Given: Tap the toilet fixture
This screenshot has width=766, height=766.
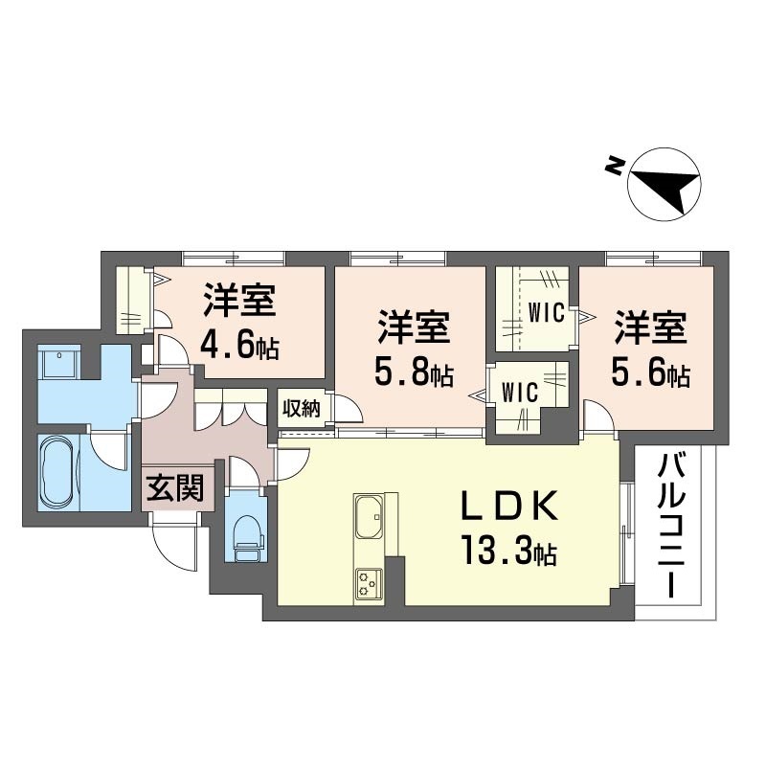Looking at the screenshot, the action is point(246,539).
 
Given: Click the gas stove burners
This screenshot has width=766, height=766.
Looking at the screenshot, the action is point(370,584).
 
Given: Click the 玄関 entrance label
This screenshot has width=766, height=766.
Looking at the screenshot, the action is point(176,488).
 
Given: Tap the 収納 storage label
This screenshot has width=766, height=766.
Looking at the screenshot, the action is point(303,409).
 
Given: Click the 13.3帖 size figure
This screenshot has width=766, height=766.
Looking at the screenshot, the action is point(509,551).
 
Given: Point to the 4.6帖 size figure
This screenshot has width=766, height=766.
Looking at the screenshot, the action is point(239,346).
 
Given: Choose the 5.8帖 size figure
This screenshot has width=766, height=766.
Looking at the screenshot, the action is point(414,372).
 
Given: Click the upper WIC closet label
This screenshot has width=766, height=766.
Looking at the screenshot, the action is point(546,313).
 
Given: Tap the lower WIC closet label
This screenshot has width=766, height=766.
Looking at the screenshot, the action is point(520,392).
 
